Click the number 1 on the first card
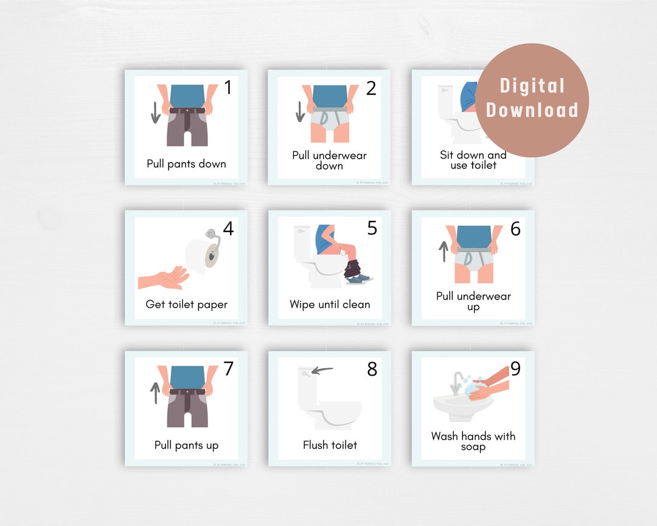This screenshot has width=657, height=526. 228,88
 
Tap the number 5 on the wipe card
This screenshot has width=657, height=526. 372,228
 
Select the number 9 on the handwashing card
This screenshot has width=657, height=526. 515,369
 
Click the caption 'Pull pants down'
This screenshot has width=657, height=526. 186,164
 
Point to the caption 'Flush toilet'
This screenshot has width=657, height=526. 330,445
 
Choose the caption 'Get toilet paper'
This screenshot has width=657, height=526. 186,304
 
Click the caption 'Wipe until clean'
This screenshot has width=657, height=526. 330,304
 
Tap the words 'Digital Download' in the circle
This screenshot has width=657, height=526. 532,98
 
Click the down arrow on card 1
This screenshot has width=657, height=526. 156,111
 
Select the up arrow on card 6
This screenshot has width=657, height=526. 443,251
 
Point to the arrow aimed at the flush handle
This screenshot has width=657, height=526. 322,369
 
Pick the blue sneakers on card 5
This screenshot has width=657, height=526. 359,279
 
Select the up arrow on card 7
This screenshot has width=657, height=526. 156,392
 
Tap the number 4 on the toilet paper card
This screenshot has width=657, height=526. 228,229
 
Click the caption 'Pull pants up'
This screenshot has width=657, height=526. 186,445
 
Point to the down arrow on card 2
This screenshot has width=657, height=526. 299,111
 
